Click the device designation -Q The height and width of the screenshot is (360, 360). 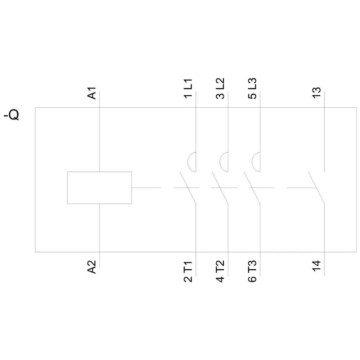(x=12, y=115)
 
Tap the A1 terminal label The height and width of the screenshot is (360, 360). (x=91, y=93)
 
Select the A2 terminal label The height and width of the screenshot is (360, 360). (x=91, y=267)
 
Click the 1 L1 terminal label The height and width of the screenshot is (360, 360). (x=188, y=89)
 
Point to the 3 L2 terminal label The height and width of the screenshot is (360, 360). (x=220, y=89)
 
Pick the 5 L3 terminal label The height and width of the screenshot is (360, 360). (x=252, y=89)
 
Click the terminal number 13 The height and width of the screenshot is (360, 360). (x=316, y=93)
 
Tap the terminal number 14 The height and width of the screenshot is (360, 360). (x=316, y=266)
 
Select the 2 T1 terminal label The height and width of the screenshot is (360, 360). (x=188, y=271)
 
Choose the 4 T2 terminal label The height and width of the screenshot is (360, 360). (x=220, y=271)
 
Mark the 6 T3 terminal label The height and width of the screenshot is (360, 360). (x=252, y=271)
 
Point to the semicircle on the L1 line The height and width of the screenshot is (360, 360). (x=188, y=162)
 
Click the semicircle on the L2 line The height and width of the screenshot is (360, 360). (x=220, y=162)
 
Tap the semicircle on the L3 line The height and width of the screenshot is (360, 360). (x=252, y=162)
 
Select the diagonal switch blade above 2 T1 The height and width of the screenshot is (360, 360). (x=188, y=188)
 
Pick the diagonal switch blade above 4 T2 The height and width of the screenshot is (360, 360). (x=220, y=188)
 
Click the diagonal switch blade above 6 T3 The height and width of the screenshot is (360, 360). (x=252, y=188)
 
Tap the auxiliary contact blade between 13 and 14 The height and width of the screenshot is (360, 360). (x=316, y=188)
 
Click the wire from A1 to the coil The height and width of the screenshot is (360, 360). (x=99, y=131)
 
